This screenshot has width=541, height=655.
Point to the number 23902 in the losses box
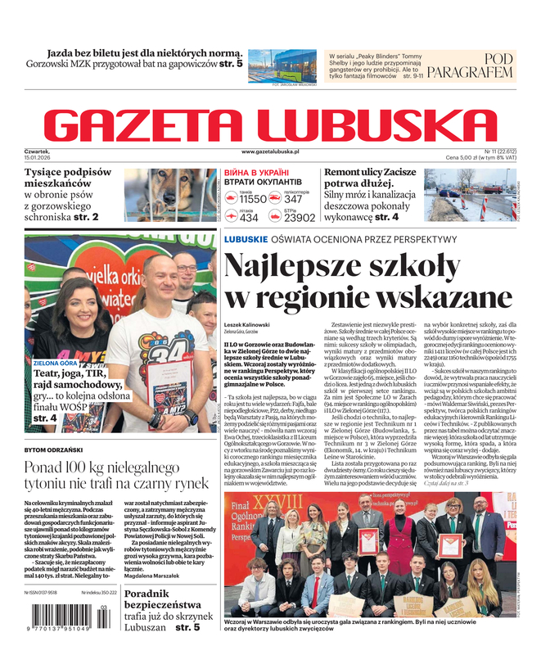coord(299,219)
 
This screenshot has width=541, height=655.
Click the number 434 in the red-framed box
coord(249,219)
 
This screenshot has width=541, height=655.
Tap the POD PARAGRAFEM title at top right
coord(480,65)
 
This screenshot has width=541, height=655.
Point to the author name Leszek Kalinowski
coord(246,325)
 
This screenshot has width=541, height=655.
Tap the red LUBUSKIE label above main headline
coord(246,238)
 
